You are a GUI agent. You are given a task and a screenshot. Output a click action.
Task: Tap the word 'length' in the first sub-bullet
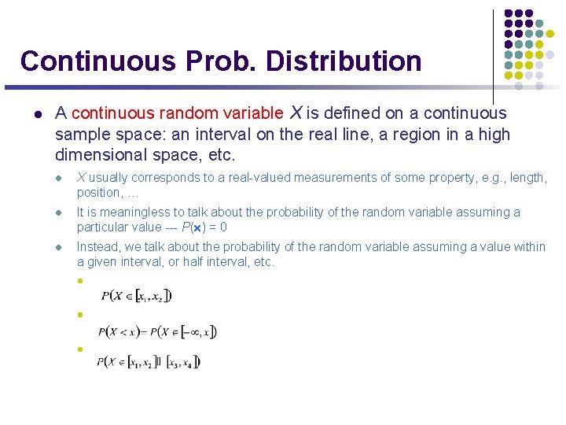(527, 178)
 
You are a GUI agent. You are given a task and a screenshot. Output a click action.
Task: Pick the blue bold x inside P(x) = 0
(197, 227)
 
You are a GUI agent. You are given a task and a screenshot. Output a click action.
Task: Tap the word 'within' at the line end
(528, 247)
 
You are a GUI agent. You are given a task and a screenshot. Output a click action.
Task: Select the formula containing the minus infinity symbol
(157, 331)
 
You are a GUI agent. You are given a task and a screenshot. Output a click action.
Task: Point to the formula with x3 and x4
(149, 362)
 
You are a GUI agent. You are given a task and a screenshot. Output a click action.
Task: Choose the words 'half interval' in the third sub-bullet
(219, 262)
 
